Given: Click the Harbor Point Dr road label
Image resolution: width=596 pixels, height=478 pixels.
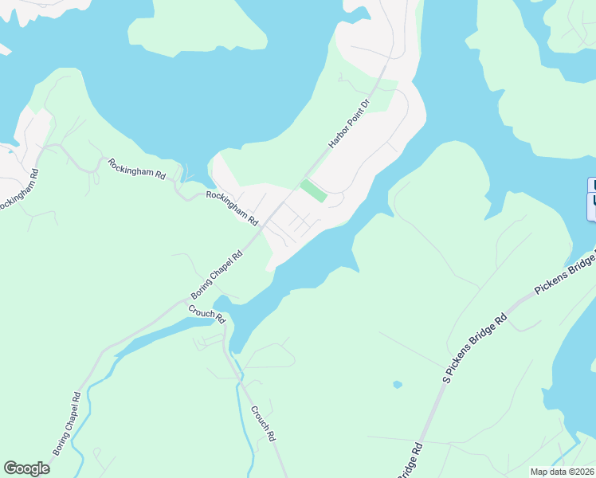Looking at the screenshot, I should tap(351, 124).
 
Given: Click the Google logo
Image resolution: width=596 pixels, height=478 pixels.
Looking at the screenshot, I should tap(26, 468).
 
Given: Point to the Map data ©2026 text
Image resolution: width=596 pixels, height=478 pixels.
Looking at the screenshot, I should tap(562, 472).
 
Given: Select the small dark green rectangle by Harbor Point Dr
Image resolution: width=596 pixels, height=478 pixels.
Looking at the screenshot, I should tap(313, 191).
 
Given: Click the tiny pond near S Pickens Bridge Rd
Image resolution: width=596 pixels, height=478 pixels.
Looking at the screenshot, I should tap(398, 385).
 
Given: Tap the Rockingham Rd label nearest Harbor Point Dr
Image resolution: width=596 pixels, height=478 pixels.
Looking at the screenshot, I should tap(233, 207).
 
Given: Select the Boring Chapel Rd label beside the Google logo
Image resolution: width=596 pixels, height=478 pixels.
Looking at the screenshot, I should tap(68, 423).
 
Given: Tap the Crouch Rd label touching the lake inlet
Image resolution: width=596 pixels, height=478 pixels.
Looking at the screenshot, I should tap(207, 314).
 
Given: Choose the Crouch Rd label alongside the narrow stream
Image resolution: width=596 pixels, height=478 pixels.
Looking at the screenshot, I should tap(263, 424).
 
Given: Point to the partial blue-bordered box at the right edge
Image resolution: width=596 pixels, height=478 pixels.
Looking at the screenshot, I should tap(591, 198).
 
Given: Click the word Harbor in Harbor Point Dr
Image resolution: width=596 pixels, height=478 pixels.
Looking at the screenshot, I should tap(340, 137).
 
